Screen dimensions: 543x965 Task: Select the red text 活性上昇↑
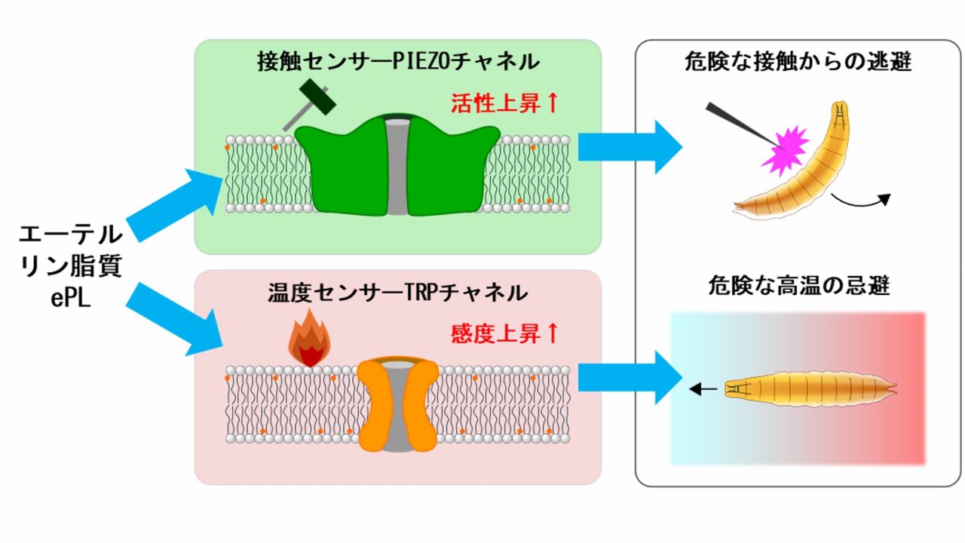coord(504,103)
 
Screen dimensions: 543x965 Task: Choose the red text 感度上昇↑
coord(504,333)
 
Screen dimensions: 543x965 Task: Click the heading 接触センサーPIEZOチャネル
coord(397,61)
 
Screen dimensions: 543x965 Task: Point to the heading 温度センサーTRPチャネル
coord(397,293)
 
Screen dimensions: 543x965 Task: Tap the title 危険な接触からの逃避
coord(800,61)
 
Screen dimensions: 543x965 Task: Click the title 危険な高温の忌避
coord(800,287)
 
